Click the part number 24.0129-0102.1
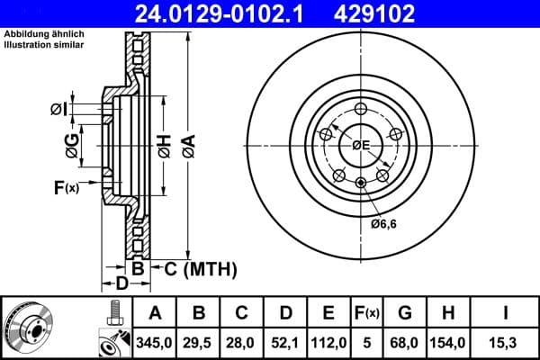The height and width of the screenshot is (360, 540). coord(212,13)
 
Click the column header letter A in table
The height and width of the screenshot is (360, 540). coord(155,313)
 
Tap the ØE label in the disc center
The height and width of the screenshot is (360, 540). coord(361,144)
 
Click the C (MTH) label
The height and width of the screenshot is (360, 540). coord(200,268)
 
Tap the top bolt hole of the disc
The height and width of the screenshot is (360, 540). coord(361,109)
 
